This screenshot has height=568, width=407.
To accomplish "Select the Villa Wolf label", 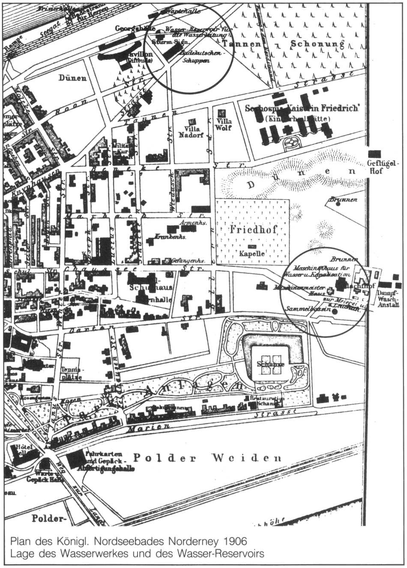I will (222, 124).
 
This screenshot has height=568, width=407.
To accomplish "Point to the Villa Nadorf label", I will (193, 131).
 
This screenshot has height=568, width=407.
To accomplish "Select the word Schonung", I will (317, 44).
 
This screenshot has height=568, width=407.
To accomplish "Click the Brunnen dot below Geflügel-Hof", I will (338, 204).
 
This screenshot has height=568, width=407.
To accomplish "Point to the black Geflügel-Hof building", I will (374, 154).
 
